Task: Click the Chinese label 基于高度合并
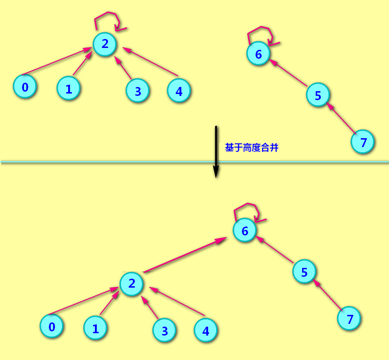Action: [251, 148]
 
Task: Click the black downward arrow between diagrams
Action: [216, 150]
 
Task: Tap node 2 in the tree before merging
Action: [105, 44]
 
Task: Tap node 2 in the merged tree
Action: [132, 283]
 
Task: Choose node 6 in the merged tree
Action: [245, 231]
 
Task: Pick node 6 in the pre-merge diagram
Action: [258, 54]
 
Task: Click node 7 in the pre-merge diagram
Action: [363, 141]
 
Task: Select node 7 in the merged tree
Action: [349, 319]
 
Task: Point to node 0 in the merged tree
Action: [52, 327]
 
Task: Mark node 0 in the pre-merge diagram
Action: [25, 87]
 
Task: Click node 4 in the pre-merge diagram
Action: [179, 91]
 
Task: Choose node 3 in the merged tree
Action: [164, 330]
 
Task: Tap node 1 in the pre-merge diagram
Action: [69, 88]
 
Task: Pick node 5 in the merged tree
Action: [304, 272]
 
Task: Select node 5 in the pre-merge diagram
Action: [318, 95]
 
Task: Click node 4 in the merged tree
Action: [205, 330]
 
